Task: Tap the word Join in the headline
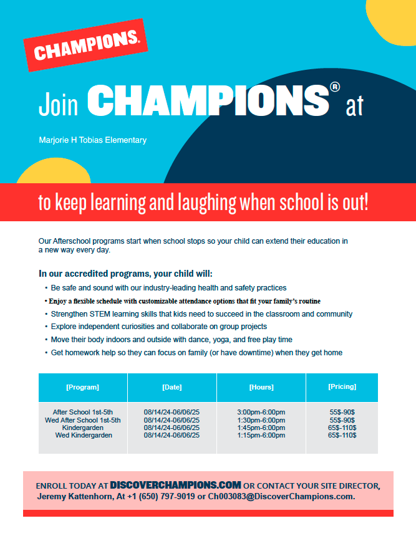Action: [x=58, y=104]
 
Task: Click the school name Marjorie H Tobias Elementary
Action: [x=92, y=140]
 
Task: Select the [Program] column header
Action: [x=82, y=387]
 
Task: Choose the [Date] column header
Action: [x=172, y=387]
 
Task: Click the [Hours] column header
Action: [x=261, y=387]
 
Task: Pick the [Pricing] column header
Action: [x=342, y=386]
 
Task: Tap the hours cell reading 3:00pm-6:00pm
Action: [x=261, y=413]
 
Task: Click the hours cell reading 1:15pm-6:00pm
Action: [x=261, y=435]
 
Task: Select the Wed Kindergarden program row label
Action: [x=84, y=435]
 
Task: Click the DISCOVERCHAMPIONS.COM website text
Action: [x=175, y=484]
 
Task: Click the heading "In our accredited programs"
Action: [x=125, y=274]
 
